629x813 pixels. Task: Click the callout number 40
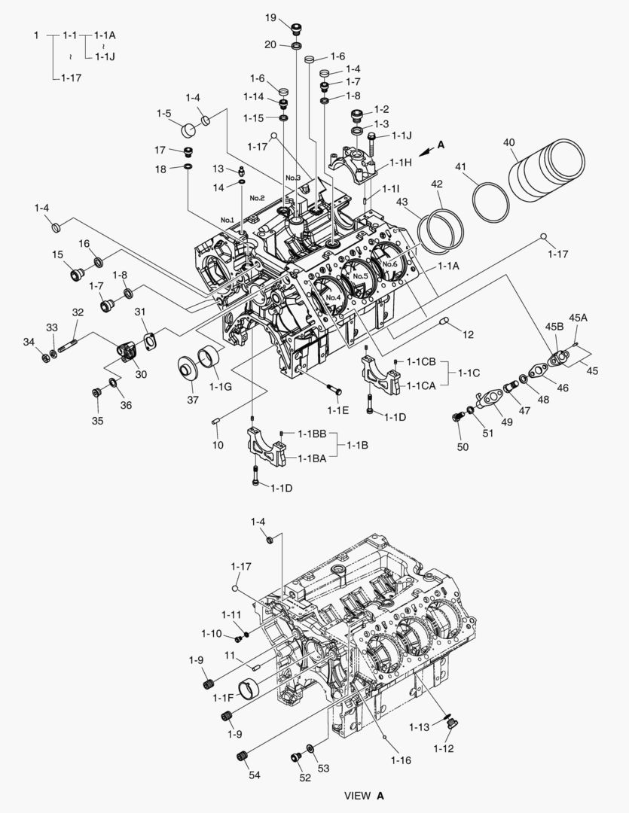[509, 142]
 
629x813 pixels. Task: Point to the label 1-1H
[401, 163]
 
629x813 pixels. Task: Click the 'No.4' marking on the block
[334, 297]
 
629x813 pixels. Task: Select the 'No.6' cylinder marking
[389, 264]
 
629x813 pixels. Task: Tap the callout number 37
[193, 400]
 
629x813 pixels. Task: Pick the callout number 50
[463, 446]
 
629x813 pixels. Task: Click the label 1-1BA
[311, 458]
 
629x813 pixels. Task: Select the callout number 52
[304, 778]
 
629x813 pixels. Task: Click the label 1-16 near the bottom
[401, 760]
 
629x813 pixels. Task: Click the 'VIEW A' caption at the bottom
[364, 795]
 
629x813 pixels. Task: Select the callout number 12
[468, 333]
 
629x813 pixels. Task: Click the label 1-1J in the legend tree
[105, 55]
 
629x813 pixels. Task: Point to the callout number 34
[29, 343]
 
